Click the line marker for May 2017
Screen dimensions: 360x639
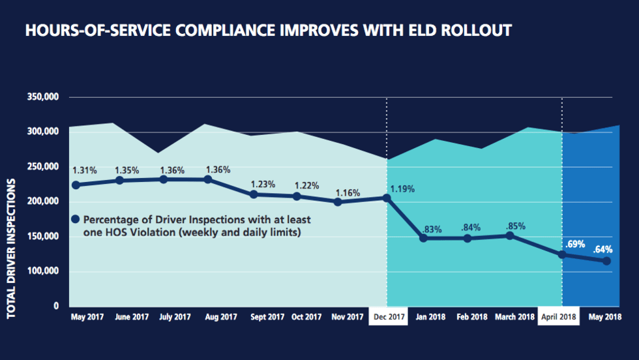click(76, 185)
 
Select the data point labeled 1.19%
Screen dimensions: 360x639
click(387, 198)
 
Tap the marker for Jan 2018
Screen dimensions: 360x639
click(423, 238)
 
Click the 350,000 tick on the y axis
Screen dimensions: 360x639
click(44, 97)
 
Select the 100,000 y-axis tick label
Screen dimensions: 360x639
click(44, 271)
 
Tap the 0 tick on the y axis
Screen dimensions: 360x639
click(55, 306)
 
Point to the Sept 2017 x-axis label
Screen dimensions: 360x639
click(266, 317)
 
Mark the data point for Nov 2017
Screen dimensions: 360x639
click(337, 202)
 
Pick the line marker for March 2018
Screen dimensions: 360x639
click(511, 235)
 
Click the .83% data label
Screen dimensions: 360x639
click(432, 229)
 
